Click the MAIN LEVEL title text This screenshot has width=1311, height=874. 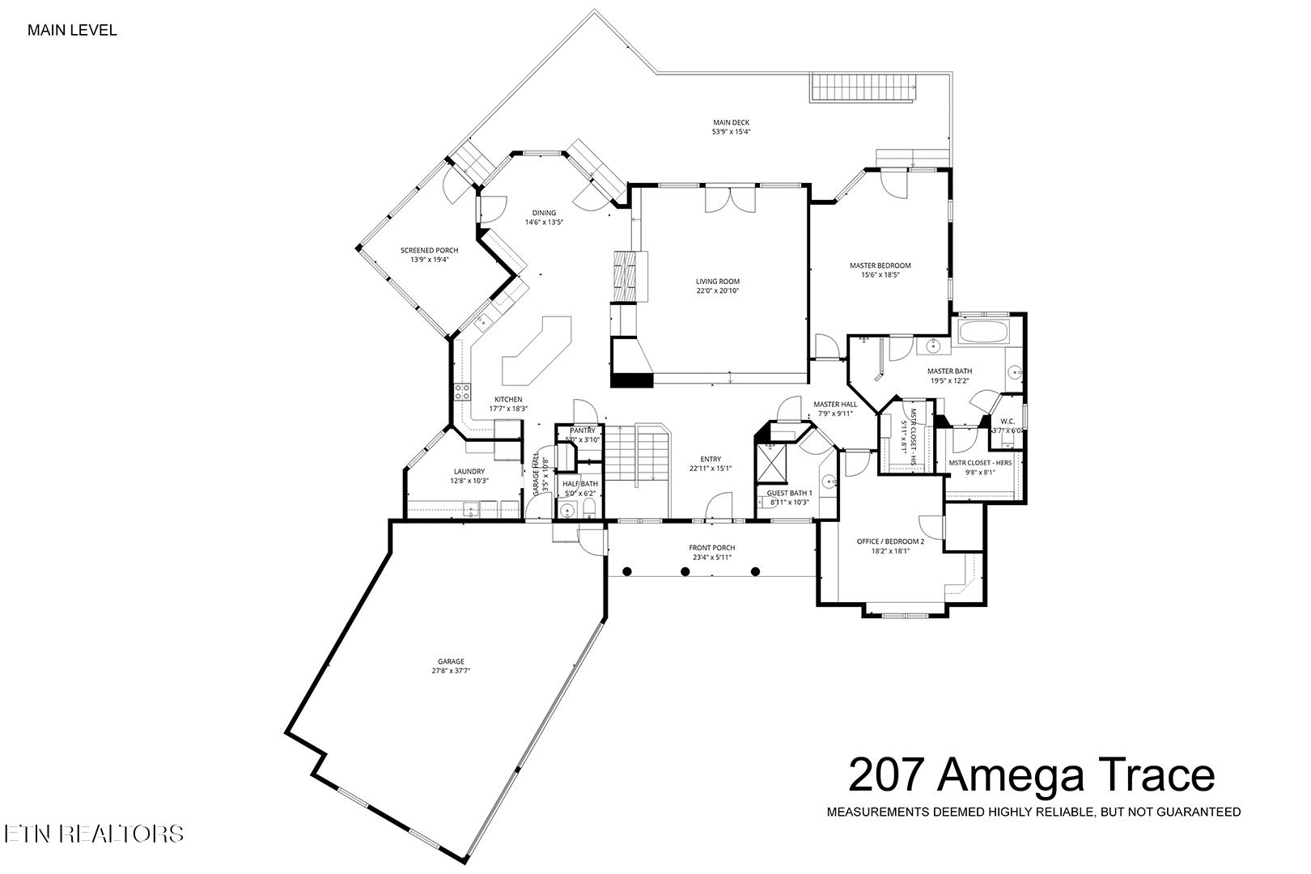tap(72, 31)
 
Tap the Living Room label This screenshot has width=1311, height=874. tap(718, 282)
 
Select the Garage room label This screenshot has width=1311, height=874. tap(452, 661)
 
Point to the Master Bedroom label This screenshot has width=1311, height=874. tap(880, 265)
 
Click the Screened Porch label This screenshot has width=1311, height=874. tap(429, 251)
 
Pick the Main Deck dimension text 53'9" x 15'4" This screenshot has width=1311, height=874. tap(731, 132)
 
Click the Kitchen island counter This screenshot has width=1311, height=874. tap(536, 350)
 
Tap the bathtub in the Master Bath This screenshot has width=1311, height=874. tap(982, 332)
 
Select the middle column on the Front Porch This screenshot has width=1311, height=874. tap(685, 571)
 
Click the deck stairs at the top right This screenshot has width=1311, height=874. tap(863, 87)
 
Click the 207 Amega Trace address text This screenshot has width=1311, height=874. tap(1031, 774)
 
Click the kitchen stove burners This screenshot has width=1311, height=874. tap(463, 392)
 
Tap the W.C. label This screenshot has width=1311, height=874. tap(1008, 421)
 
